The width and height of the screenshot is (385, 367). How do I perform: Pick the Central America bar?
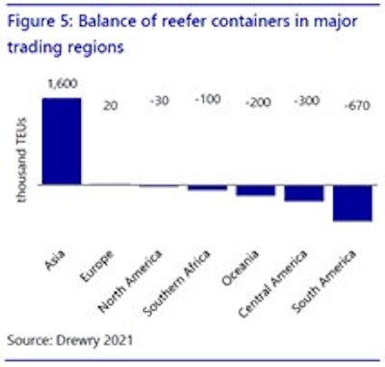(x=303, y=193)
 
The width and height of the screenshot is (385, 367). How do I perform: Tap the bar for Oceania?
(x=255, y=190)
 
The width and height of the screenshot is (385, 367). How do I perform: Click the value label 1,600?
(x=61, y=86)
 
